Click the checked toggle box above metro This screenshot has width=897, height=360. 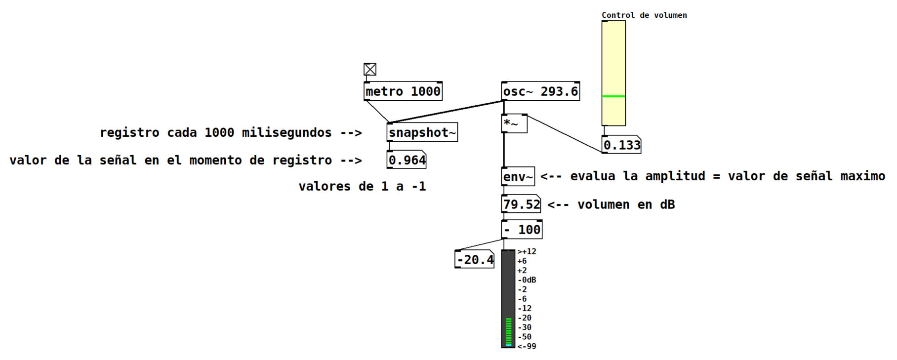pyautogui.click(x=370, y=69)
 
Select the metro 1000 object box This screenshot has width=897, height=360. pyautogui.click(x=403, y=91)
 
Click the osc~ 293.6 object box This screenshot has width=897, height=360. pyautogui.click(x=540, y=91)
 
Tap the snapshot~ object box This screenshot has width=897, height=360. pyautogui.click(x=422, y=132)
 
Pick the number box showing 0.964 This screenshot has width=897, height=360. pyautogui.click(x=407, y=160)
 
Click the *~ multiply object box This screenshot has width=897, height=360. pyautogui.click(x=514, y=123)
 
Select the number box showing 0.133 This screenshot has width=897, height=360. pyautogui.click(x=621, y=145)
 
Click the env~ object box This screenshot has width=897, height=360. pyautogui.click(x=518, y=176)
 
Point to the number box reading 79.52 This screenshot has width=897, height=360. pyautogui.click(x=521, y=204)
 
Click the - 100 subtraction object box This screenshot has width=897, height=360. pyautogui.click(x=522, y=230)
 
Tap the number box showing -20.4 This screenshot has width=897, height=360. pyautogui.click(x=475, y=259)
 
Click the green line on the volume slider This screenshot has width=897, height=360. pyautogui.click(x=613, y=96)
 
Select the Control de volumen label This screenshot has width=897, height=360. pyautogui.click(x=644, y=15)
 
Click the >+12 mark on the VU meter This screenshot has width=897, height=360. pyautogui.click(x=527, y=251)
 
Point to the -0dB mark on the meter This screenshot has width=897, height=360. pyautogui.click(x=527, y=280)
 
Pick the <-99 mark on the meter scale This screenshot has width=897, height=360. pyautogui.click(x=527, y=346)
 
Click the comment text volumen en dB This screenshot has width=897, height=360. pyautogui.click(x=626, y=204)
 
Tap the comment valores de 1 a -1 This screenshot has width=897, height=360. pyautogui.click(x=362, y=186)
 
